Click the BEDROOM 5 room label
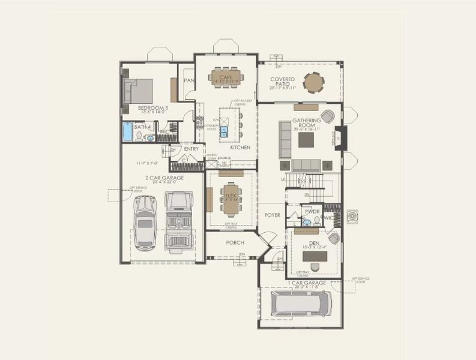(x=152, y=108)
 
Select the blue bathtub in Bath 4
(x=128, y=132)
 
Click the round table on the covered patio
(x=313, y=82)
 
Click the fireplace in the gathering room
(x=339, y=137)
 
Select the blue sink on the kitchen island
(x=224, y=131)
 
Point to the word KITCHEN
(x=240, y=148)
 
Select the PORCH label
(x=235, y=243)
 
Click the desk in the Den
(x=315, y=256)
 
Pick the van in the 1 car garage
(x=300, y=304)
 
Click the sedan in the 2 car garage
(x=145, y=223)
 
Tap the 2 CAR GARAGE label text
(x=164, y=178)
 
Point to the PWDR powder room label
(x=312, y=212)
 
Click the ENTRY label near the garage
(x=191, y=149)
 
